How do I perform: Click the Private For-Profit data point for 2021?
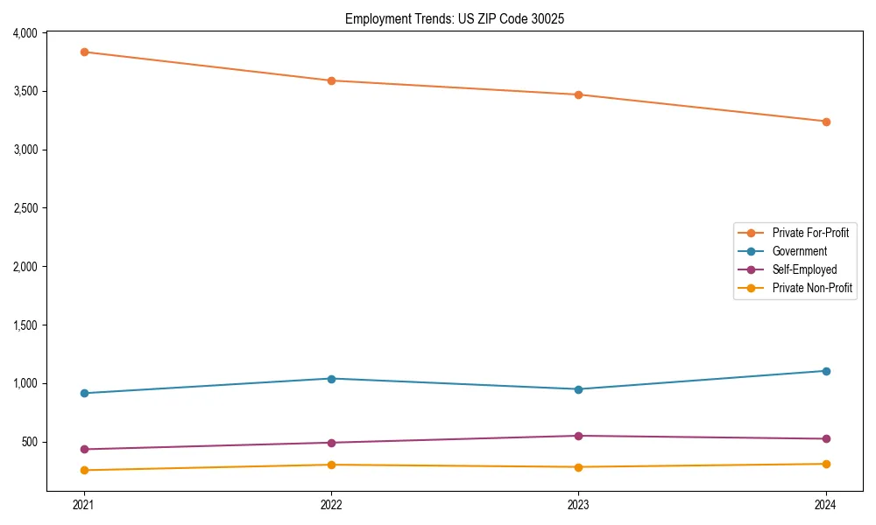point(84,52)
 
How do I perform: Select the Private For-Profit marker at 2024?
point(825,122)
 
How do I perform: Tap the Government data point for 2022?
point(331,379)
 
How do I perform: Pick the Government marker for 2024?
point(825,371)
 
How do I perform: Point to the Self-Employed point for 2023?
point(578,436)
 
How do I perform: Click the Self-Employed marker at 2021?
point(84,450)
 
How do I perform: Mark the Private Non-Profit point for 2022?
point(331,465)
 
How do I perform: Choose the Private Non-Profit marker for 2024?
point(825,464)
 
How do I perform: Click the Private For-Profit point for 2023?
point(578,94)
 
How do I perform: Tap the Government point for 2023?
point(578,389)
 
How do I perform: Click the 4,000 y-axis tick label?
point(25,33)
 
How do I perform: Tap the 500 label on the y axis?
point(30,442)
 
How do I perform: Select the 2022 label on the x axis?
point(331,504)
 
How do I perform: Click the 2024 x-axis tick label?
point(825,504)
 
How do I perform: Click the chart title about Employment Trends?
point(449,18)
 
